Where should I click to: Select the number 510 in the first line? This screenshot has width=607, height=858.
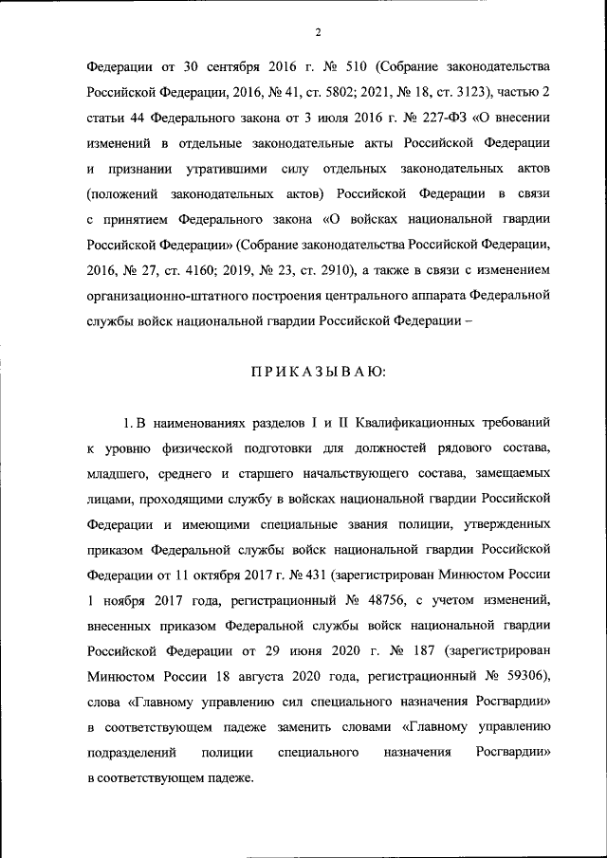pos(358,69)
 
